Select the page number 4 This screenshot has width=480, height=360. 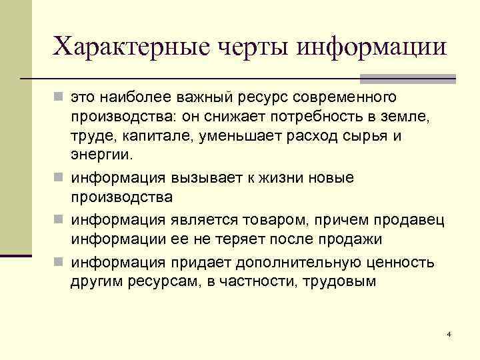449,333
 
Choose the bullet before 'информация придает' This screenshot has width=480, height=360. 60,259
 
